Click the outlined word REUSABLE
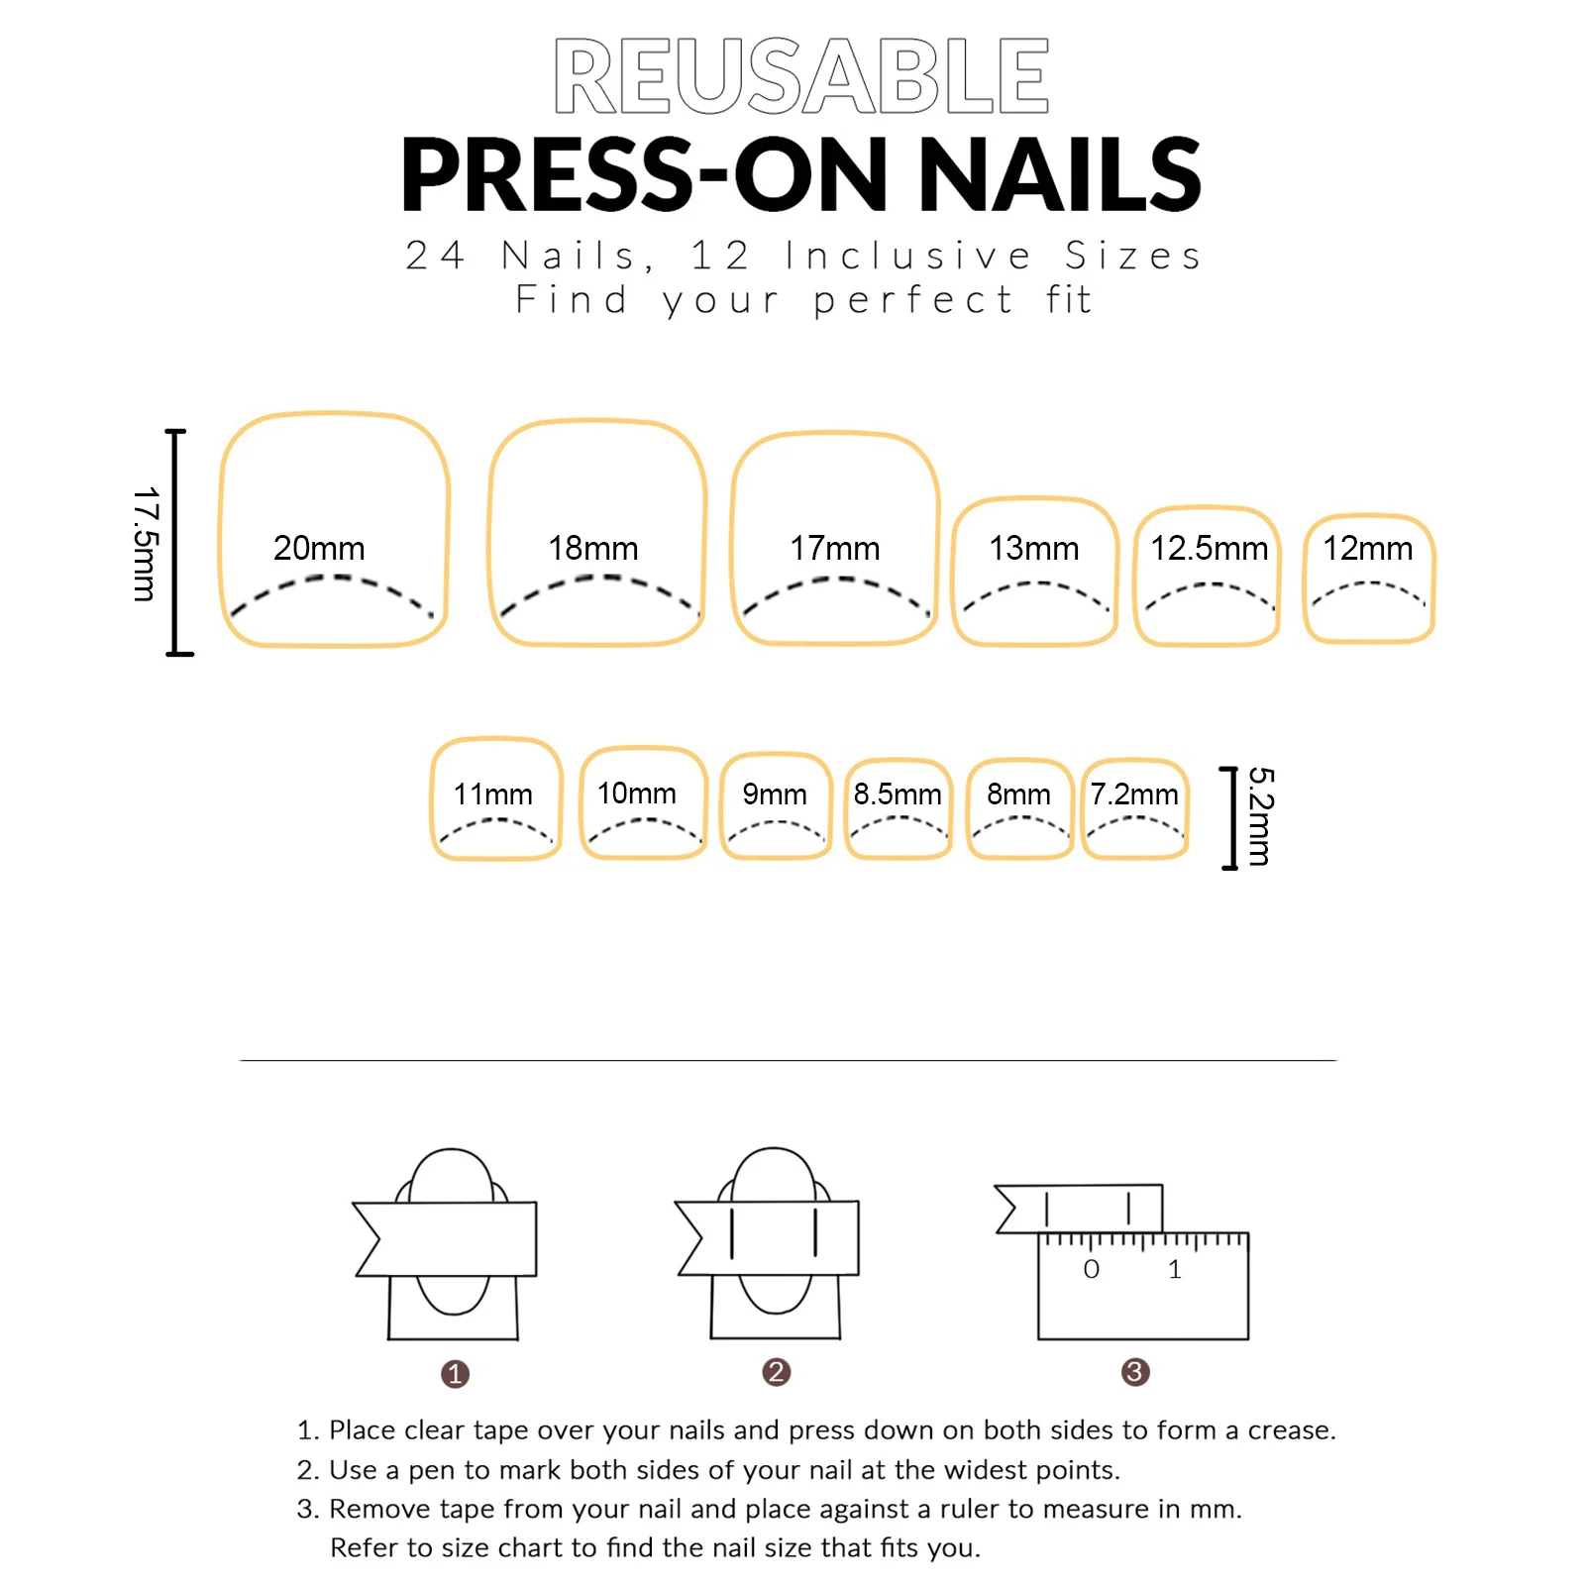pos(800,76)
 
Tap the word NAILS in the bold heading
pos(1059,175)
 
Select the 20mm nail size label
pos(319,548)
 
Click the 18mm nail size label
pos(592,548)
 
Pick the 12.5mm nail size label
pos(1208,548)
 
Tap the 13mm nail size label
pos(1033,548)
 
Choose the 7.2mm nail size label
pos(1134,793)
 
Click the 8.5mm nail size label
pos(898,793)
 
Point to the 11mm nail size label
pos(492,793)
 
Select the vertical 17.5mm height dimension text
pos(145,543)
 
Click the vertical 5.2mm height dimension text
pos(1259,816)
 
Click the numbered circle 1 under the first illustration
pos(455,1374)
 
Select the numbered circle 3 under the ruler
pos(1135,1372)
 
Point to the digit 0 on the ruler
pos(1091,1269)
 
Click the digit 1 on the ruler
pos(1174,1269)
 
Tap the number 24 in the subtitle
pos(435,256)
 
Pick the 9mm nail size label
pos(774,793)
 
